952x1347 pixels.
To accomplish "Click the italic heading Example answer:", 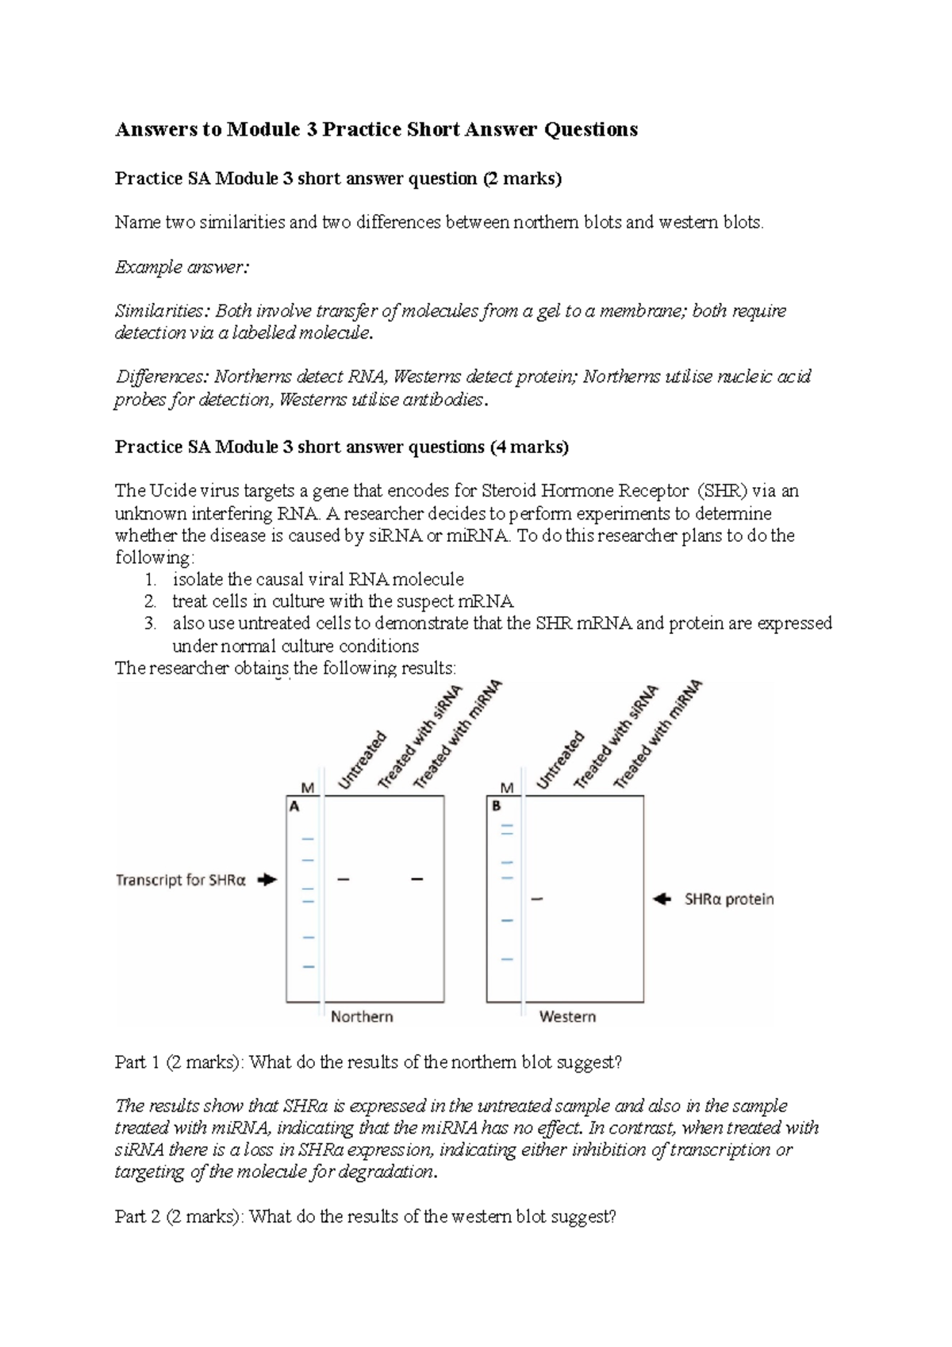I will pos(182,267).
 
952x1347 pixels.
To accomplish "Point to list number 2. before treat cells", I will pos(151,601).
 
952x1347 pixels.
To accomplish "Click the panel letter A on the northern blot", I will pos(294,806).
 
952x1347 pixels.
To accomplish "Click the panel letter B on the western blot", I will pos(497,806).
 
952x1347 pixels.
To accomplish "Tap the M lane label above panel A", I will pos(308,788).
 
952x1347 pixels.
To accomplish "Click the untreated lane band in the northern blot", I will pos(344,879).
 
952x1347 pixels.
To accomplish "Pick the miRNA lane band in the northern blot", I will pos(416,879).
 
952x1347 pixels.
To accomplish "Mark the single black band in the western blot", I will pos(537,899).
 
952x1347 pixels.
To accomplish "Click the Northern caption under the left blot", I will pos(362,1016).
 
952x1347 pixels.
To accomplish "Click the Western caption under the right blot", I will pos(567,1016).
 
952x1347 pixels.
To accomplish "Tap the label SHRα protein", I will pos(729,900).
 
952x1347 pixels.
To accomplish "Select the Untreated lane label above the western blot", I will pos(560,761).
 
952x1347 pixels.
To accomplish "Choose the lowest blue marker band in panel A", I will pos(308,966).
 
